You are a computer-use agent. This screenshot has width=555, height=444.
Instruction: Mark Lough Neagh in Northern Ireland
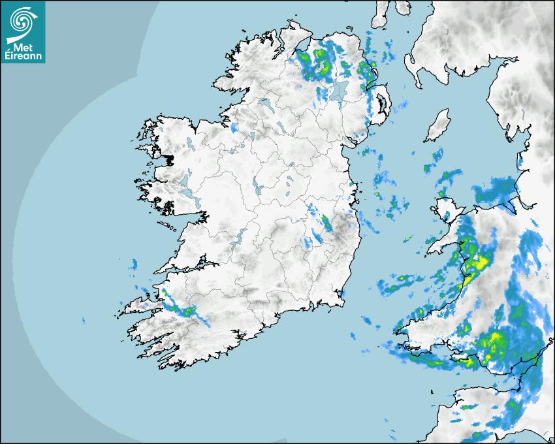coord(339,92)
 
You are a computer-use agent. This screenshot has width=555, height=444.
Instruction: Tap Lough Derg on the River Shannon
coord(239,236)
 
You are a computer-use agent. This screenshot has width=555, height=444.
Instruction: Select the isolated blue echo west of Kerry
coord(84,320)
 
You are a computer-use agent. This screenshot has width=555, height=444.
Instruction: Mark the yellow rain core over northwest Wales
coord(481,262)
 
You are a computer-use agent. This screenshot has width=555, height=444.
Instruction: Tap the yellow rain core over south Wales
coord(494,340)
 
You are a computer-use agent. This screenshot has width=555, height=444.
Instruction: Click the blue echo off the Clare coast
coord(134,264)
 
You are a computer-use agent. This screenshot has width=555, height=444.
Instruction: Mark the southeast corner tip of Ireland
coord(341,300)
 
